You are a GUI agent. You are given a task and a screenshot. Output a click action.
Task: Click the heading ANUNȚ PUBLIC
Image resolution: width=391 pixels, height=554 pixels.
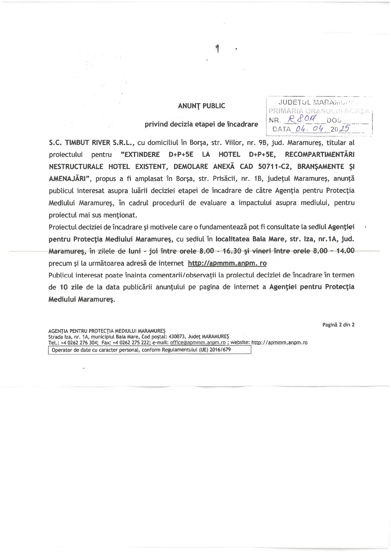(x=201, y=106)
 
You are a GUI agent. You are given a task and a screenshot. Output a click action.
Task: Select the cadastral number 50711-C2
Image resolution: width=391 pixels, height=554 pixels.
(x=274, y=166)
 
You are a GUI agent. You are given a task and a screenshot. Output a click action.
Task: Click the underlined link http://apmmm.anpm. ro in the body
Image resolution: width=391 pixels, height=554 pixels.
(x=227, y=263)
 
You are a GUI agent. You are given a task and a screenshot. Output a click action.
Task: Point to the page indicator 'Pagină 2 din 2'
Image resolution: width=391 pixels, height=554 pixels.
(x=338, y=325)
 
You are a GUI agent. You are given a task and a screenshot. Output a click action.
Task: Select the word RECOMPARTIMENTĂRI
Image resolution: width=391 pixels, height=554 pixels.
(x=319, y=155)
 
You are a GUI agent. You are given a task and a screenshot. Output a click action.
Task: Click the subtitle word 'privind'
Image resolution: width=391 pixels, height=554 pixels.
(x=156, y=124)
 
